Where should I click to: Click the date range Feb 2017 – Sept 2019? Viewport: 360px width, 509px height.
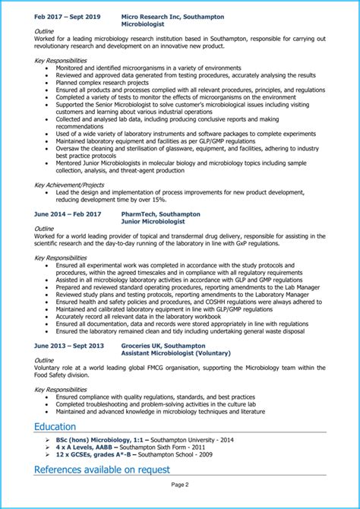67,15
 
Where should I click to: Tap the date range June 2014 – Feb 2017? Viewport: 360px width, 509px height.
67,214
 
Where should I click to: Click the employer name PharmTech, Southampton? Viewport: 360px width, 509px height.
160,214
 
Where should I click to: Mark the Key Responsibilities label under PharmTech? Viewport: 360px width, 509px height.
62,258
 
